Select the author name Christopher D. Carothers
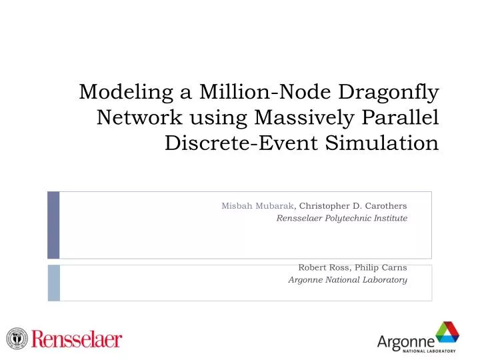point(353,206)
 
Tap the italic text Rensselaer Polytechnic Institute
point(341,218)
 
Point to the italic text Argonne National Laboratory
point(347,280)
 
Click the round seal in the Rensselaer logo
point(17,338)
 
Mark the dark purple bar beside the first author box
point(53,225)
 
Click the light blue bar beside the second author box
point(53,283)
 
